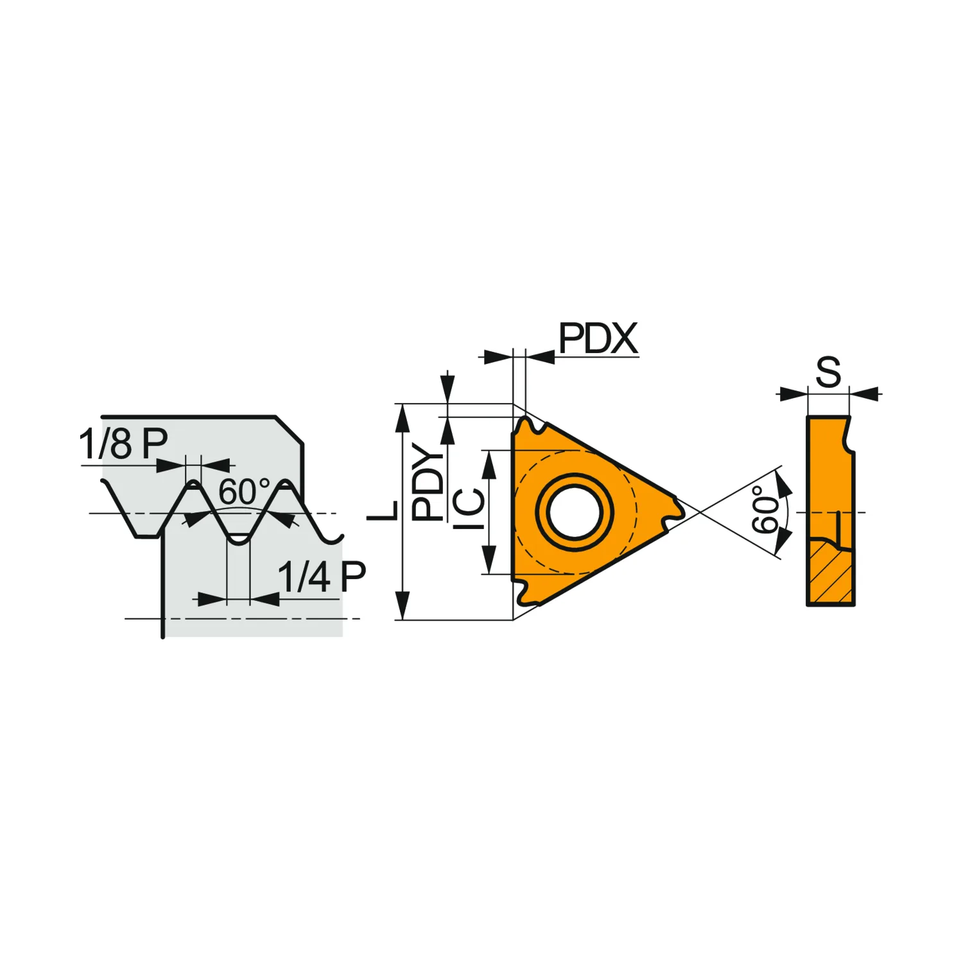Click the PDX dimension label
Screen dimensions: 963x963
coord(598,338)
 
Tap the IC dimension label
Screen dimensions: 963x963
coord(469,508)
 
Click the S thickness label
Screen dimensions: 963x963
coord(828,372)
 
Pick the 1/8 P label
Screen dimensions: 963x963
coord(123,444)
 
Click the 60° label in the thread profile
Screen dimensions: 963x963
coord(244,492)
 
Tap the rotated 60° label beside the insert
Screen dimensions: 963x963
coord(766,509)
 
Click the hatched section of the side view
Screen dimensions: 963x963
coord(830,573)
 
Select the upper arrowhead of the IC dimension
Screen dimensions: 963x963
coord(489,464)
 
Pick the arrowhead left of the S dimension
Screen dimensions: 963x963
coord(792,393)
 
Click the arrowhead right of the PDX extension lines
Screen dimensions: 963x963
coord(541,356)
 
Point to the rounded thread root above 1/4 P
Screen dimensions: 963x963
coord(239,538)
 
